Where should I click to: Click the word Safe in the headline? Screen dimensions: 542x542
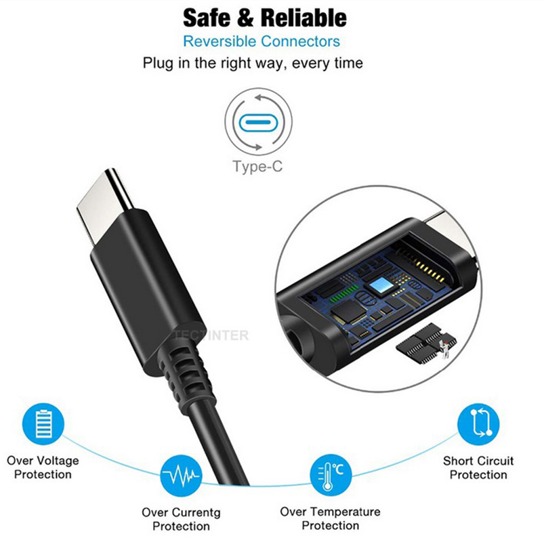pyautogui.click(x=207, y=18)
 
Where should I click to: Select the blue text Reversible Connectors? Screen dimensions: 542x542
pyautogui.click(x=262, y=41)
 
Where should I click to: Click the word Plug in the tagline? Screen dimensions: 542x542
pyautogui.click(x=159, y=64)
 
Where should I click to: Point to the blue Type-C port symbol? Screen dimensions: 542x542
pyautogui.click(x=258, y=123)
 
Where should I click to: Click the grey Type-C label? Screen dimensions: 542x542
pyautogui.click(x=257, y=166)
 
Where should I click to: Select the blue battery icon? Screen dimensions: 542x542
pyautogui.click(x=43, y=424)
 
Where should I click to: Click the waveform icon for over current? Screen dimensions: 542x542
pyautogui.click(x=181, y=476)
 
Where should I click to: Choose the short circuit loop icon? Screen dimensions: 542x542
pyautogui.click(x=478, y=424)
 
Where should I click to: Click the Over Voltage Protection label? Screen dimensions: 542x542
pyautogui.click(x=43, y=467)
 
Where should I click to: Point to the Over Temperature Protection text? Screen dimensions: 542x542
pyautogui.click(x=330, y=518)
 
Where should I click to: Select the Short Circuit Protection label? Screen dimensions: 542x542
pyautogui.click(x=478, y=467)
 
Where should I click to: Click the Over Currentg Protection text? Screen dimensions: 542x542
pyautogui.click(x=181, y=519)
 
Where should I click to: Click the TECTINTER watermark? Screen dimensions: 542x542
pyautogui.click(x=211, y=335)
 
